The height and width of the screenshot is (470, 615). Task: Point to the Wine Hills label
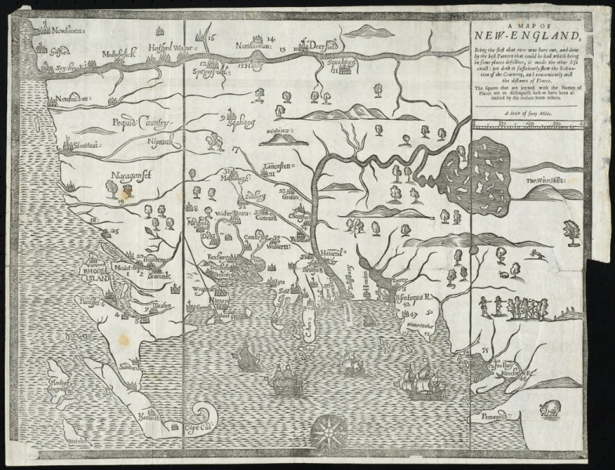(556, 183)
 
